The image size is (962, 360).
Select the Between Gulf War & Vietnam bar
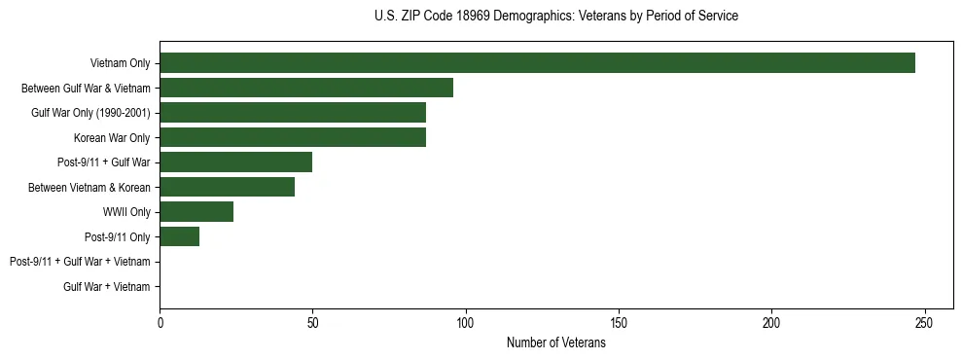click(306, 88)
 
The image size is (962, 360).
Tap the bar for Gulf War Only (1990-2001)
click(293, 113)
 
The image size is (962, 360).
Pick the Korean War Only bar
click(293, 137)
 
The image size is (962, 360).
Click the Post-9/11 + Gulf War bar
click(236, 162)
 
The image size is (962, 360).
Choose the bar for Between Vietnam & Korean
click(228, 187)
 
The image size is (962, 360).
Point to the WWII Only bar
click(196, 212)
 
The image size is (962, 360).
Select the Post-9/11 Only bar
click(180, 236)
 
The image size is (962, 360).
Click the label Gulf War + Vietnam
click(107, 287)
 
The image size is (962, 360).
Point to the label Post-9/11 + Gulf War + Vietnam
click(80, 262)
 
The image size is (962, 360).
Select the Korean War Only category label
click(113, 138)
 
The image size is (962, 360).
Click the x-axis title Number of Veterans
click(555, 343)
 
